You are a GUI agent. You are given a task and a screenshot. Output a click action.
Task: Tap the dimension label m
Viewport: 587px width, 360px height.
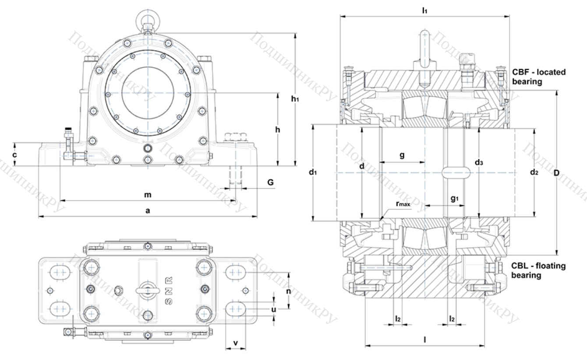click(148, 194)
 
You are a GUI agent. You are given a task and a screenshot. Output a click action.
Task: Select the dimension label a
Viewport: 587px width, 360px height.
click(148, 211)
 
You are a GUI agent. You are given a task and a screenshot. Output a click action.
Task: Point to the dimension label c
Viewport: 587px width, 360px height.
click(14, 155)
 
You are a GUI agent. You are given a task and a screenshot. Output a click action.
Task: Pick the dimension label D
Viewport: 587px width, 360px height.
click(556, 173)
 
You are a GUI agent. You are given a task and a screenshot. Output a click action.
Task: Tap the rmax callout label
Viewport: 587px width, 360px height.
click(403, 204)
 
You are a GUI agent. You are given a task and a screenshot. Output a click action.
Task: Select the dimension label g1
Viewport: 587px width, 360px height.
click(455, 198)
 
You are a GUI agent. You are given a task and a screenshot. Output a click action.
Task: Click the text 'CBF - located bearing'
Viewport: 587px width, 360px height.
click(539, 77)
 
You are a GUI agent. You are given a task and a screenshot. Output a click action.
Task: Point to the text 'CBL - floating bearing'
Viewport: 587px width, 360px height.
click(538, 271)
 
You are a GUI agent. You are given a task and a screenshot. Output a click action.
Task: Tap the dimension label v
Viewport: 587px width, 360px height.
click(235, 343)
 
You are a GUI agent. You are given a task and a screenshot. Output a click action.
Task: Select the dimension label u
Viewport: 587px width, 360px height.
click(274, 309)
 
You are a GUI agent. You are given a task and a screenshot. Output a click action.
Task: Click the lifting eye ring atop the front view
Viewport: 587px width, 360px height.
click(148, 18)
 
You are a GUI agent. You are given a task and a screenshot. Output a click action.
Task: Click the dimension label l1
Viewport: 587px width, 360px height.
click(424, 10)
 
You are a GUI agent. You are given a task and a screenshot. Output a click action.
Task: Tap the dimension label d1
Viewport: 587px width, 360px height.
click(312, 173)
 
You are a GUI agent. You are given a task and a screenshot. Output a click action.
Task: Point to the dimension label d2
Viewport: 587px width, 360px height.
click(534, 173)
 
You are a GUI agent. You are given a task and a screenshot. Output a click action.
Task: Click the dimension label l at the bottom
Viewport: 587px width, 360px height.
click(424, 339)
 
